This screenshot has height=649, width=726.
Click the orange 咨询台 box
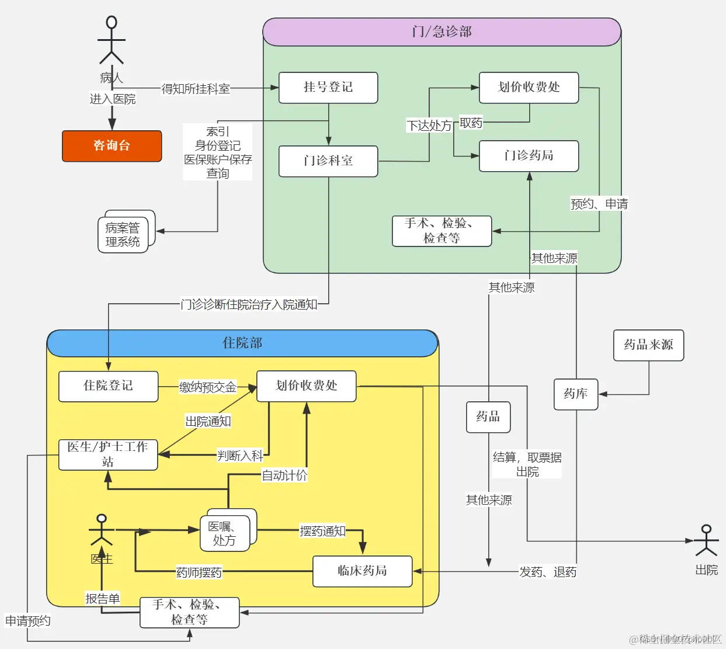[x=112, y=146]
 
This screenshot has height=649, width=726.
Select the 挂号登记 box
[x=328, y=88]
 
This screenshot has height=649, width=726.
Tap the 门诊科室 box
[x=328, y=161]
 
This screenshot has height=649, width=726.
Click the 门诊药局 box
[x=529, y=156]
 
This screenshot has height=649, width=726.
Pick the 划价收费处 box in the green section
[x=529, y=88]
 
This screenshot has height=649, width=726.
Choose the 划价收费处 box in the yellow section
[x=306, y=386]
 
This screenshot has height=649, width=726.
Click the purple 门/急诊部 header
[x=442, y=32]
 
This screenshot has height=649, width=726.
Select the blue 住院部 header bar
[x=242, y=343]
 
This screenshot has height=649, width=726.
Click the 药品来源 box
[x=648, y=345]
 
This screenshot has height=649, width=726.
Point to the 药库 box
[x=576, y=394]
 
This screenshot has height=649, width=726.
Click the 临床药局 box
[x=362, y=571]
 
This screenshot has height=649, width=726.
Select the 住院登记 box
[x=108, y=386]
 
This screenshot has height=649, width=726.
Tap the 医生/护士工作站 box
[x=108, y=454]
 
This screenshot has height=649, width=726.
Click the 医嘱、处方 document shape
[x=225, y=533]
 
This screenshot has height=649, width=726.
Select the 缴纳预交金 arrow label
[x=207, y=387]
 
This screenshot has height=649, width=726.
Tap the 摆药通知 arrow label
[x=322, y=531]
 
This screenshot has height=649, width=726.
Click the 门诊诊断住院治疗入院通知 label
[x=249, y=304]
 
